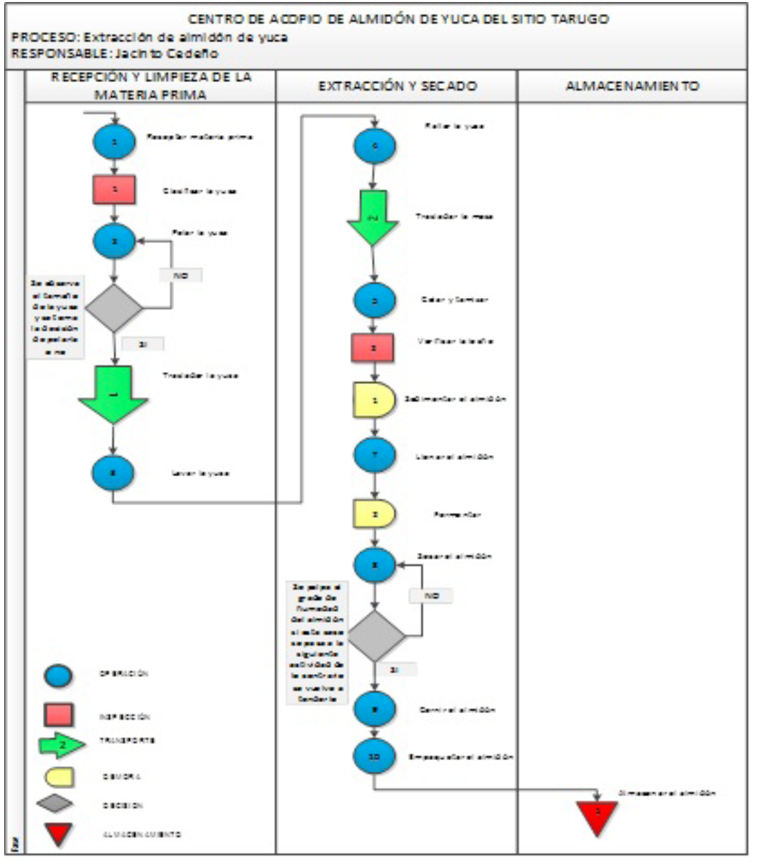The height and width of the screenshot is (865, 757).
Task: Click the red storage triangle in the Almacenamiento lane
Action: (x=596, y=815)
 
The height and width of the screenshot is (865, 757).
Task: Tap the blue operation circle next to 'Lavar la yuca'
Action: (x=113, y=473)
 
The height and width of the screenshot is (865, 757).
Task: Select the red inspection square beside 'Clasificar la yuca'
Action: (x=114, y=190)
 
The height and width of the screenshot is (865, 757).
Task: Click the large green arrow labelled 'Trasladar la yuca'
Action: (x=113, y=393)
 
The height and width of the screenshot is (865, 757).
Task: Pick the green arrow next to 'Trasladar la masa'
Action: (x=373, y=217)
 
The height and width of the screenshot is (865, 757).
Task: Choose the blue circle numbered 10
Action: (x=374, y=757)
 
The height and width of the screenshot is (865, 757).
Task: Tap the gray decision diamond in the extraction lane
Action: (x=375, y=636)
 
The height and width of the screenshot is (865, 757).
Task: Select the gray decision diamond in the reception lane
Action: (x=114, y=308)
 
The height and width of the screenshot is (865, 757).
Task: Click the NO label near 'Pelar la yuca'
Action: (x=180, y=275)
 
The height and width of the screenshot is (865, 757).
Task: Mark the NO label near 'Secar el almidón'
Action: (x=431, y=596)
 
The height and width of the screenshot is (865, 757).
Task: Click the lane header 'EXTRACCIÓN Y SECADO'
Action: (x=397, y=86)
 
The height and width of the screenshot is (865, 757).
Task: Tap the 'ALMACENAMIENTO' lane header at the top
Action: (x=631, y=86)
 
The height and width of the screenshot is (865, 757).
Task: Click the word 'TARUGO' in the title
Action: (x=579, y=19)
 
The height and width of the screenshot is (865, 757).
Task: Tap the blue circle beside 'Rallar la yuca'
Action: (x=374, y=146)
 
